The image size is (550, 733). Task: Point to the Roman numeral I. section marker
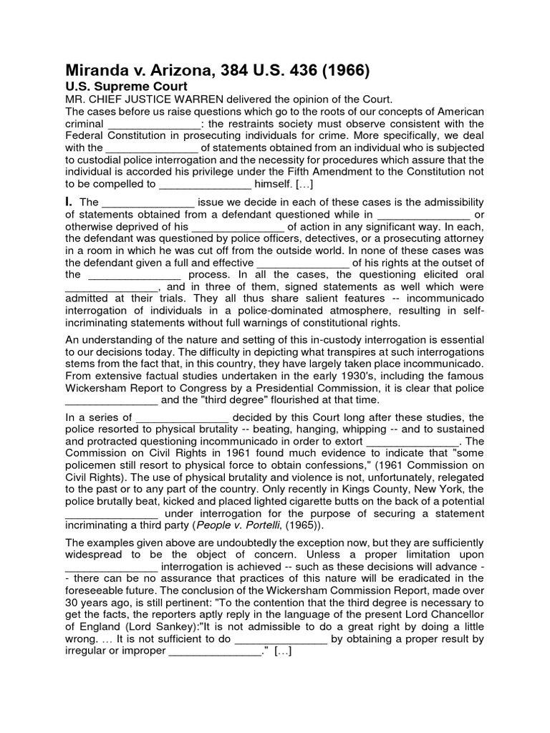point(69,202)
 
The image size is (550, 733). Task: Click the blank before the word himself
point(206,183)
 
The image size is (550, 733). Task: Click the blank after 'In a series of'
point(182,417)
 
